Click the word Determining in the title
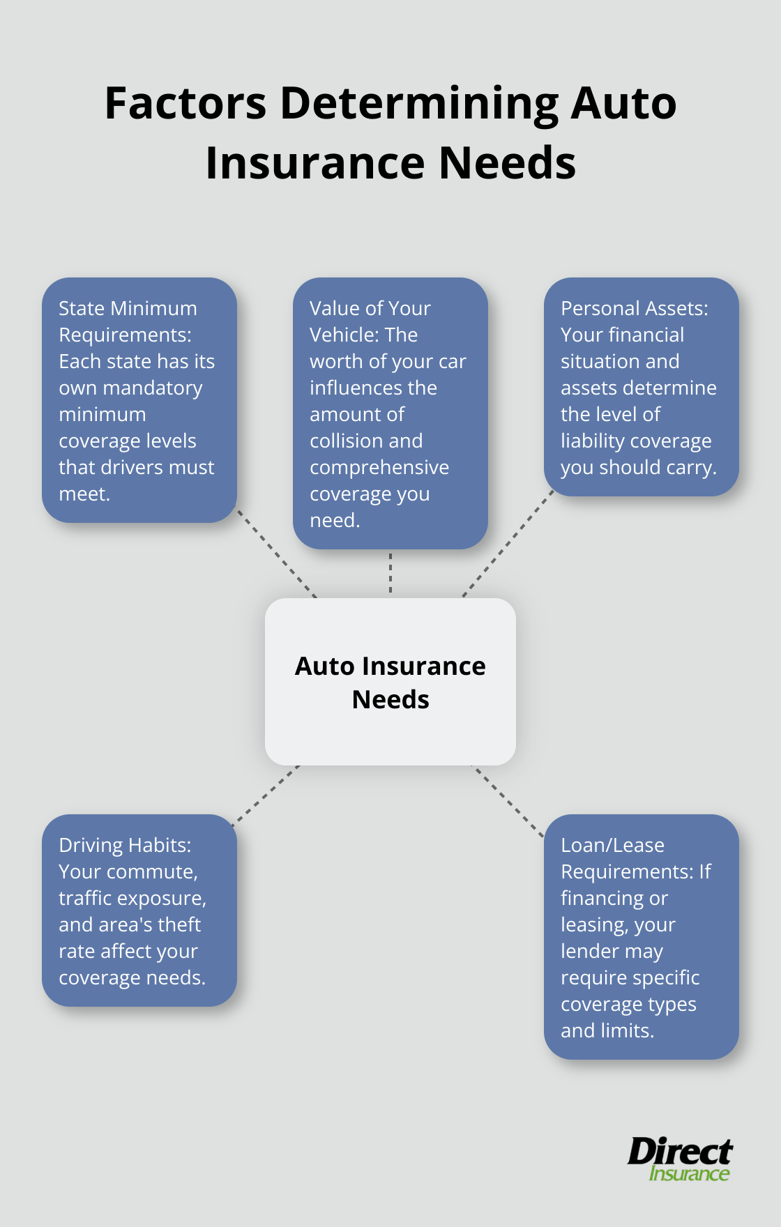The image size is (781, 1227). point(419,103)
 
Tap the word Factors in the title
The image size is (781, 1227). point(185,103)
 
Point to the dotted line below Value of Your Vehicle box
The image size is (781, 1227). point(390,573)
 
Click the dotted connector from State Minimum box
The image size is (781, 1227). point(276,553)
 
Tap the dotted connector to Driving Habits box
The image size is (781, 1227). point(266,795)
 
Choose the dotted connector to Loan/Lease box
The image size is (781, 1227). point(508,801)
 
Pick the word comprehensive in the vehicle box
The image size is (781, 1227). point(379,468)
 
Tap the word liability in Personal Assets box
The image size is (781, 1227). point(592,441)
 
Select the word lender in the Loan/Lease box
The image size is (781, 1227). point(591,952)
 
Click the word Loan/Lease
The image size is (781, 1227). point(612,846)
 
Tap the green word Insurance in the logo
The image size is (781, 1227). point(689,1174)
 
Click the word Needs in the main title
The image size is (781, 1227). point(507,163)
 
